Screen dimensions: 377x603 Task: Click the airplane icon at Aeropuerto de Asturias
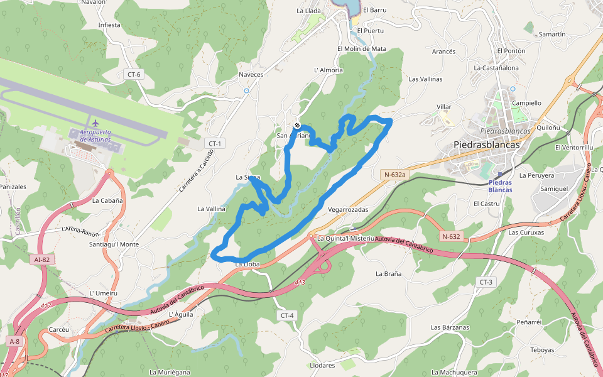click(95, 123)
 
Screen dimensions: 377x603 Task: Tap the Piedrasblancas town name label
click(487, 145)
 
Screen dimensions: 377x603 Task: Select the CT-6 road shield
click(134, 75)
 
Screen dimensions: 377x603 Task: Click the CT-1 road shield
click(215, 144)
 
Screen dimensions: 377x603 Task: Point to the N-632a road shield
click(393, 175)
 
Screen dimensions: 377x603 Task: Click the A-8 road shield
click(14, 341)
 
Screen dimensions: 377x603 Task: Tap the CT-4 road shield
click(286, 315)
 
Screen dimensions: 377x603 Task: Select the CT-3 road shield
click(486, 281)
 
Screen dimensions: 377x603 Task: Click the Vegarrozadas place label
click(348, 209)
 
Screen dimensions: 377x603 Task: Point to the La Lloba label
click(247, 265)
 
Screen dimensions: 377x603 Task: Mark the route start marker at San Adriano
click(297, 125)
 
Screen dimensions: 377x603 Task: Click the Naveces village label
click(251, 74)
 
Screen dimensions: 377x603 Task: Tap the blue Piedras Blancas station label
click(500, 186)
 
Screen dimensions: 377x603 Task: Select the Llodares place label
click(323, 364)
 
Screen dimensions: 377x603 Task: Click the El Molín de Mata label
click(361, 48)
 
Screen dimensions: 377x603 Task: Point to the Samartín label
click(552, 34)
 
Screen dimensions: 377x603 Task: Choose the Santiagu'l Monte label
click(114, 244)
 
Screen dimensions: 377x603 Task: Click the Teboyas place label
click(542, 350)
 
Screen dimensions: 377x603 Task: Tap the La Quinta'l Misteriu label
click(345, 239)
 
